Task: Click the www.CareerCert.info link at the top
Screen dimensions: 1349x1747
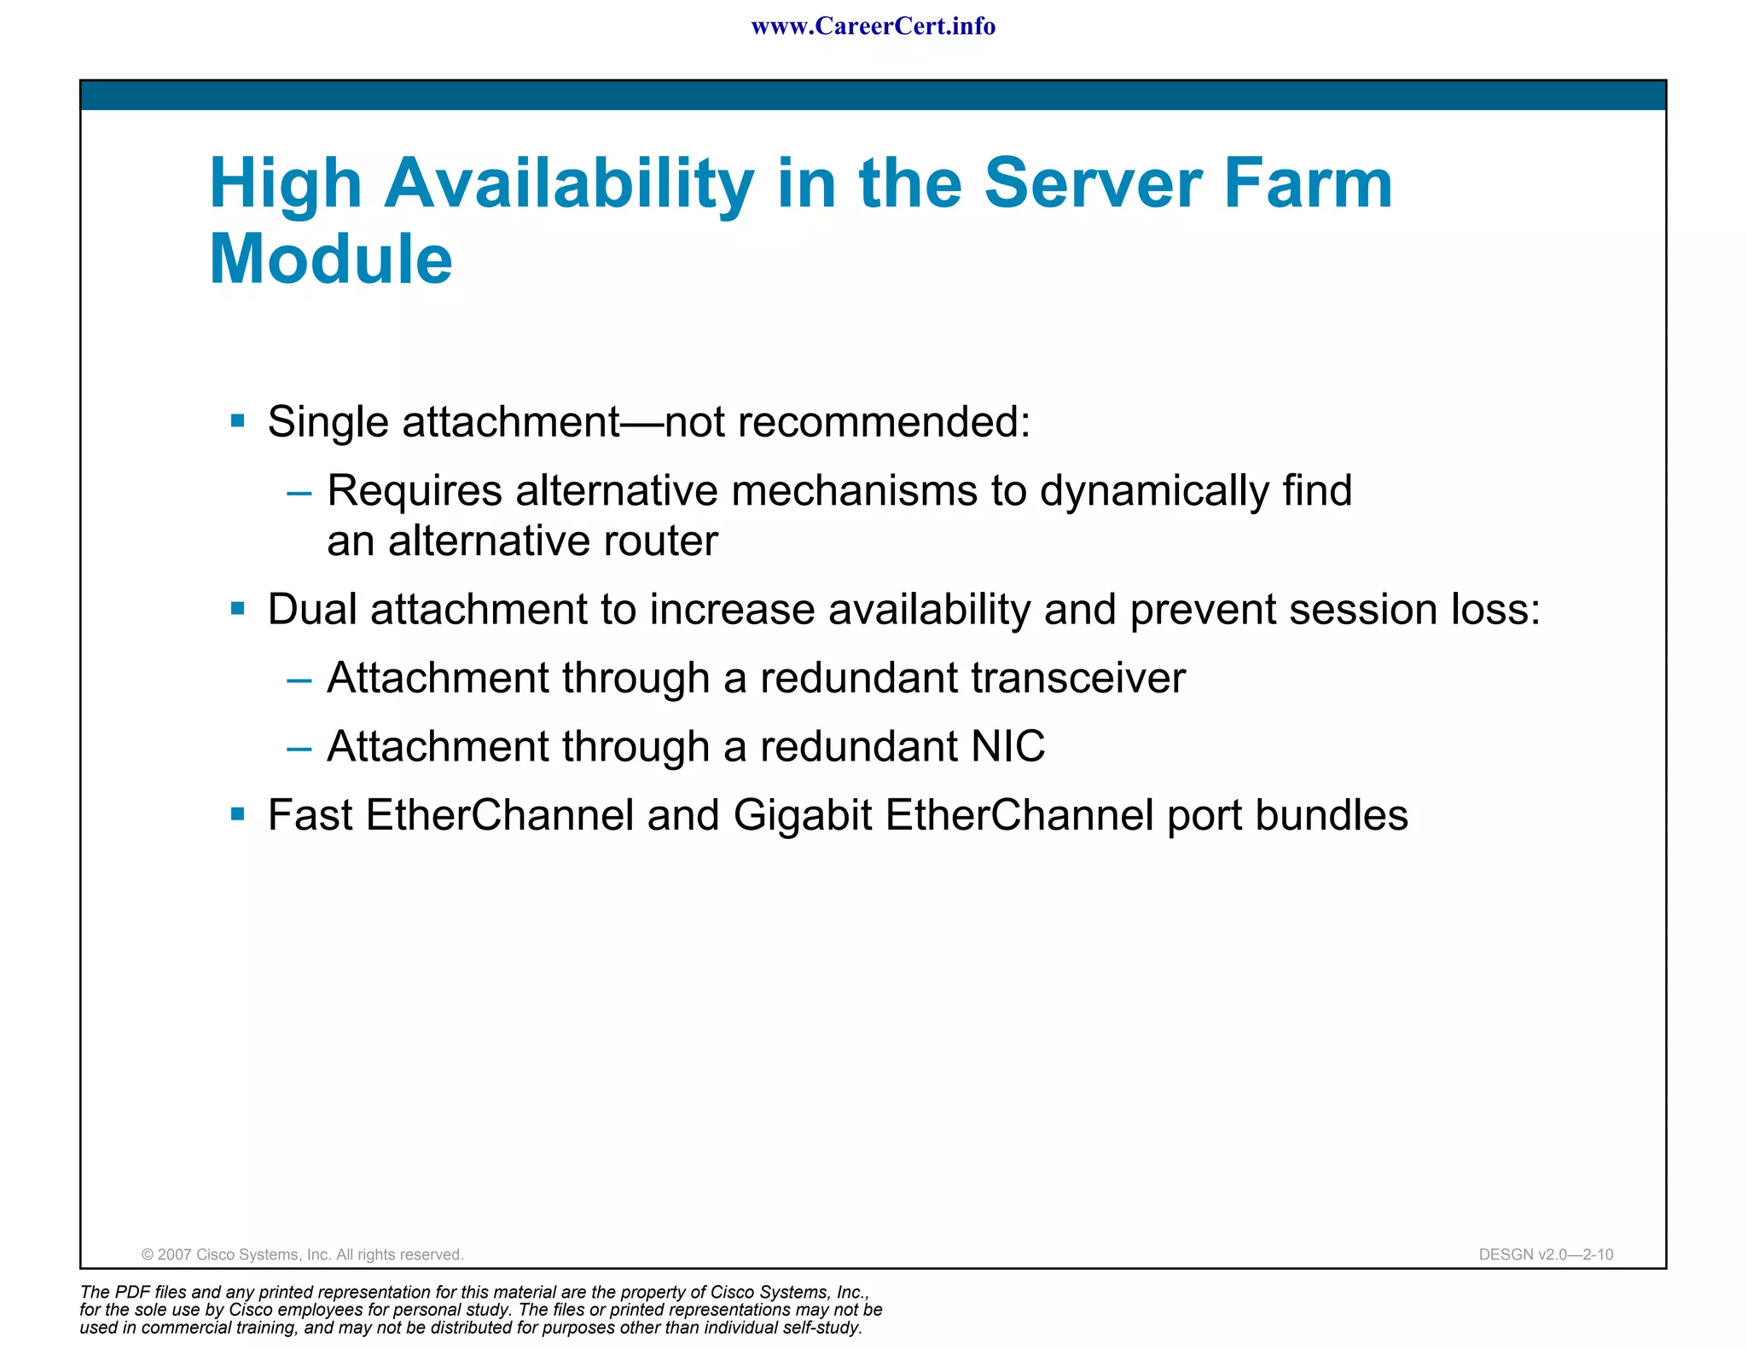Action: (x=873, y=26)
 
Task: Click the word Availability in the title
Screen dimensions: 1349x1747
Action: (x=568, y=184)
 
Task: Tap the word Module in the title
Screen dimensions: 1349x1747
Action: (x=331, y=259)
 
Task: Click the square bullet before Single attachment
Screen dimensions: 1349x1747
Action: (x=238, y=420)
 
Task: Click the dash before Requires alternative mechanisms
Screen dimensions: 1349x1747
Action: (x=299, y=492)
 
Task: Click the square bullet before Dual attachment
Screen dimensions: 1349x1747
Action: (x=238, y=609)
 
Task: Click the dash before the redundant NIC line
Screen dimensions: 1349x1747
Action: (x=299, y=749)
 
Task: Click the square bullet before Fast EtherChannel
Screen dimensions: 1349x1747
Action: (x=238, y=814)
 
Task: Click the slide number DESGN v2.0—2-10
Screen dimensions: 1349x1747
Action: (x=1546, y=1254)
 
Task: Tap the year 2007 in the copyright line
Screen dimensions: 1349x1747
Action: (x=175, y=1254)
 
